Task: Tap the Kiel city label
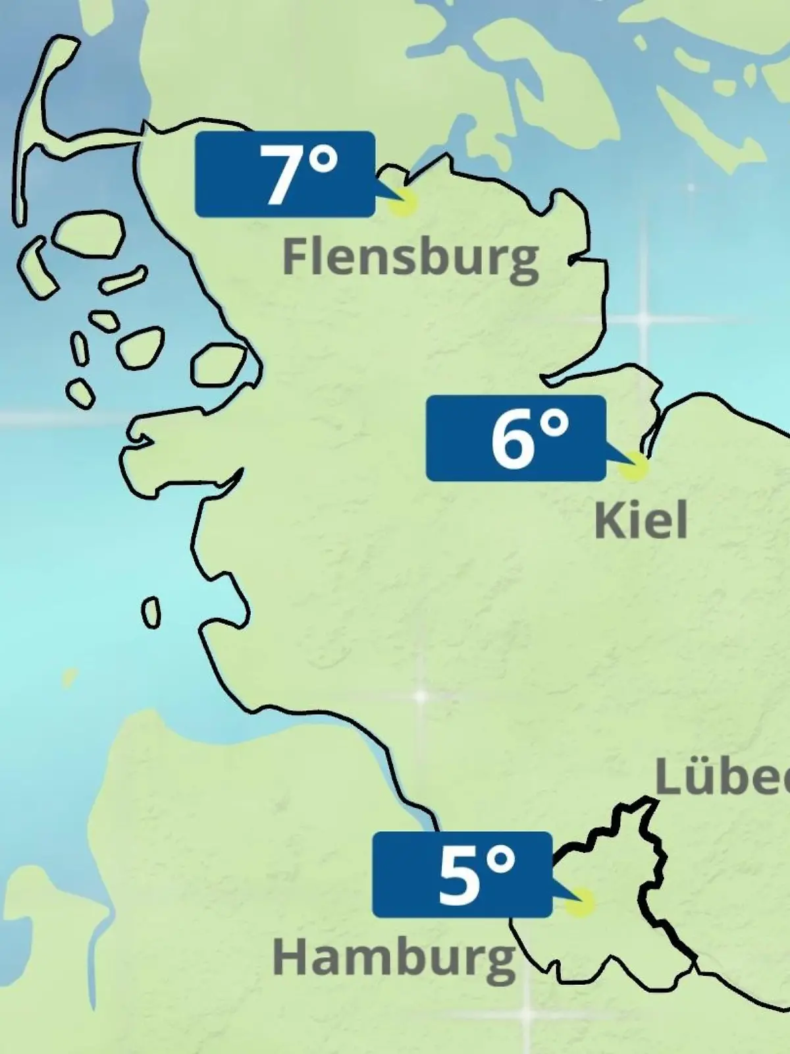click(x=641, y=520)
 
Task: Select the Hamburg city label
click(x=394, y=958)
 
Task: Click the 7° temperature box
click(x=285, y=174)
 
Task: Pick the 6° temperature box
click(x=515, y=438)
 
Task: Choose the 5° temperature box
click(x=461, y=875)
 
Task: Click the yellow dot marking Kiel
click(x=633, y=466)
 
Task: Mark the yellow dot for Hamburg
click(x=580, y=903)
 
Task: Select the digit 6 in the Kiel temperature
click(x=512, y=439)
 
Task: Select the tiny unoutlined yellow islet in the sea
click(x=68, y=678)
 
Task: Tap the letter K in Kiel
click(x=608, y=520)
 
